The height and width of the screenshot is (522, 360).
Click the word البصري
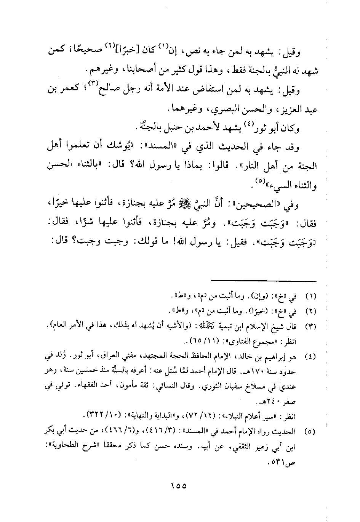(x=222, y=110)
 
